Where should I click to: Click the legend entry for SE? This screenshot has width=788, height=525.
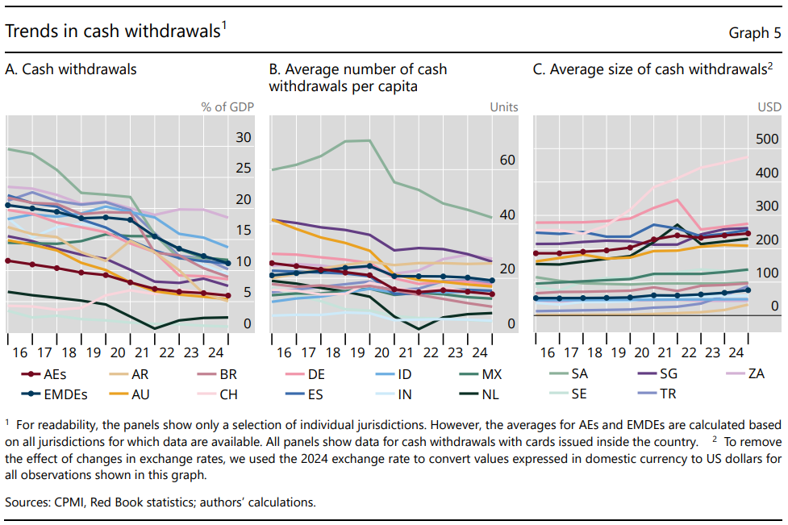(579, 394)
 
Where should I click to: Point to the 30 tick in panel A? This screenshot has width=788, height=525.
(244, 138)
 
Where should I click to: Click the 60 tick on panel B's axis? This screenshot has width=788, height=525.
(507, 160)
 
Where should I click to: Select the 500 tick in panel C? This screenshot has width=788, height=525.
(767, 140)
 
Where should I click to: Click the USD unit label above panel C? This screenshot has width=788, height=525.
(769, 106)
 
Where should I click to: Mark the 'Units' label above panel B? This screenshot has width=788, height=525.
(504, 106)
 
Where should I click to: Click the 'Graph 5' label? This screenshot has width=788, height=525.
(755, 33)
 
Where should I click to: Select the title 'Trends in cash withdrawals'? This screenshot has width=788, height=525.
(113, 31)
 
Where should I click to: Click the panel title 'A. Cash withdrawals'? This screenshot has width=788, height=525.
(71, 69)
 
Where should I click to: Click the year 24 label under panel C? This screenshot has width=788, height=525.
(736, 354)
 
